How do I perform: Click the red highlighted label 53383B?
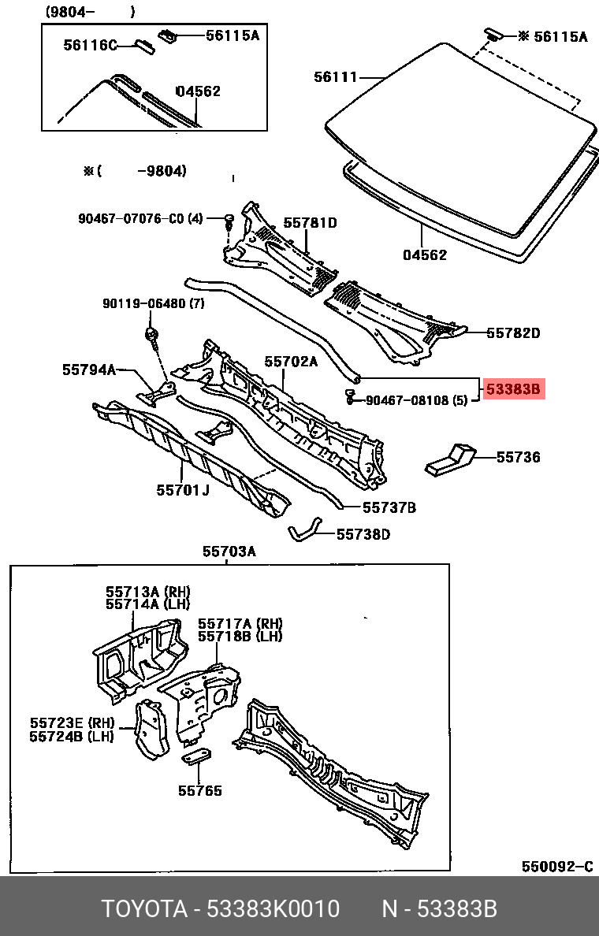tap(513, 388)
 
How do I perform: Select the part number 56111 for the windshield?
tap(335, 77)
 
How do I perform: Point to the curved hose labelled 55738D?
tap(304, 533)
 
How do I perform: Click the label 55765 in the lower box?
tap(199, 790)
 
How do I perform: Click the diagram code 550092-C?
tap(556, 867)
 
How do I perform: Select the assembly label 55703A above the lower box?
tap(229, 552)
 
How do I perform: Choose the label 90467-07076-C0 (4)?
tap(140, 218)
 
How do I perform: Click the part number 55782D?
tap(512, 333)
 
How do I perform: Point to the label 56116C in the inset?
tap(90, 46)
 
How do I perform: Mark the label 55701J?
tap(183, 490)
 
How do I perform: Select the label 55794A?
tap(89, 369)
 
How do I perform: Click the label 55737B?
tap(389, 507)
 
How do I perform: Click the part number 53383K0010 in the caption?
tap(273, 909)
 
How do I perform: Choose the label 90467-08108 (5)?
tap(417, 401)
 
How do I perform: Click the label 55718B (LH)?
tap(240, 636)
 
